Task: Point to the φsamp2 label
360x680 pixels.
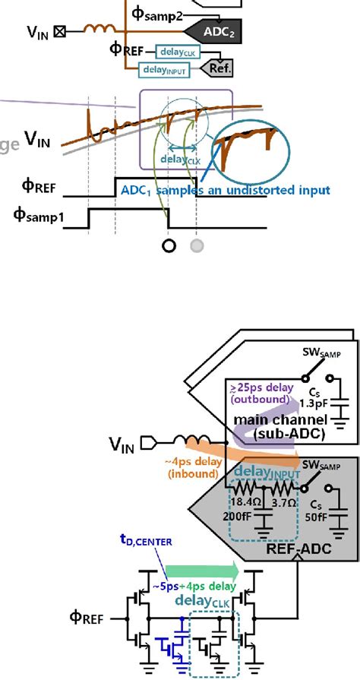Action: tap(159, 14)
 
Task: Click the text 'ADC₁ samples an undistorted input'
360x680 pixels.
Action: tap(231, 191)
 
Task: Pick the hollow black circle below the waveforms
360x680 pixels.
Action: tap(169, 245)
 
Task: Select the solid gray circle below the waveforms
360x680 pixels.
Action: tap(197, 245)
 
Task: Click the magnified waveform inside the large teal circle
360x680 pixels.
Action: tap(246, 146)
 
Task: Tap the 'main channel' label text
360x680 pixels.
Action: tap(270, 421)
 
